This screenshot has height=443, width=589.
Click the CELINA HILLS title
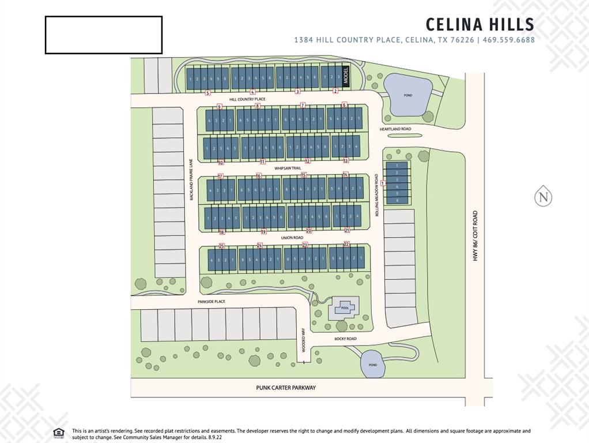(479, 25)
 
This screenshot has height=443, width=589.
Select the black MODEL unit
(346, 77)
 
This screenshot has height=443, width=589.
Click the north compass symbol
(543, 196)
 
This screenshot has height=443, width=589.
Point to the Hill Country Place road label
(247, 99)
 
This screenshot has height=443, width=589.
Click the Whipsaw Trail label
(288, 168)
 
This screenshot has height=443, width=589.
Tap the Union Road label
(292, 237)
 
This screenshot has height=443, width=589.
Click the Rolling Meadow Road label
(376, 196)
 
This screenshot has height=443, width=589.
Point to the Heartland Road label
(395, 129)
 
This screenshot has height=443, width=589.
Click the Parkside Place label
(211, 302)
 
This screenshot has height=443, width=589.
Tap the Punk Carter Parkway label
(286, 388)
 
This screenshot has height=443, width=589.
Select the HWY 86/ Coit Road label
(475, 235)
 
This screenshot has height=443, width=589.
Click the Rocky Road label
(345, 339)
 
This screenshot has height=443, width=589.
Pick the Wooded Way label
(303, 340)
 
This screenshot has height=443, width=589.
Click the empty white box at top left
(104, 35)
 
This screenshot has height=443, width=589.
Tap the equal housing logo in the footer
(58, 433)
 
